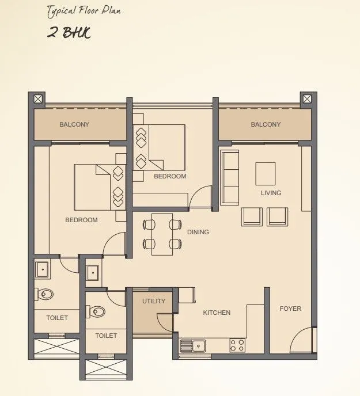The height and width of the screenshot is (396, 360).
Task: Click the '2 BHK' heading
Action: pyautogui.click(x=69, y=32)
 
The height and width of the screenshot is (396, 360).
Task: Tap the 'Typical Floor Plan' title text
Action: pyautogui.click(x=85, y=11)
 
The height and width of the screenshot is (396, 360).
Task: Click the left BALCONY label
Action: pyautogui.click(x=74, y=124)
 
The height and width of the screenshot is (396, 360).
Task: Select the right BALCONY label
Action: pyautogui.click(x=266, y=124)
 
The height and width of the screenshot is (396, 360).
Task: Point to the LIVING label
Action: pyautogui.click(x=271, y=193)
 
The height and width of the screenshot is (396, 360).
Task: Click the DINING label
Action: pyautogui.click(x=198, y=232)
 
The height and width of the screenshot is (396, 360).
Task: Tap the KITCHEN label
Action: pyautogui.click(x=217, y=313)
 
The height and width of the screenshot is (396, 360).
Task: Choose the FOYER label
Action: pyautogui.click(x=290, y=309)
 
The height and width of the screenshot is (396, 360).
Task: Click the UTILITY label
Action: pyautogui.click(x=154, y=301)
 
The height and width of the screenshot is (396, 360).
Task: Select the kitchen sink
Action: pyautogui.click(x=194, y=345)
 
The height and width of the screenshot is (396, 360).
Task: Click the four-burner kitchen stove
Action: pyautogui.click(x=237, y=345)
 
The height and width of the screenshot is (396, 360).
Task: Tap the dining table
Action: pyautogui.click(x=162, y=234)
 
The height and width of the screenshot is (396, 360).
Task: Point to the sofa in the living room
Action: pyautogui.click(x=229, y=177)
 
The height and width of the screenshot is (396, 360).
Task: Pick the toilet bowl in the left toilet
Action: pyautogui.click(x=45, y=294)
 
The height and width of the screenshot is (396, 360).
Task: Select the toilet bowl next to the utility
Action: pyautogui.click(x=97, y=312)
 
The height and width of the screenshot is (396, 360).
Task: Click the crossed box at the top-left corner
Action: pyautogui.click(x=38, y=98)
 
